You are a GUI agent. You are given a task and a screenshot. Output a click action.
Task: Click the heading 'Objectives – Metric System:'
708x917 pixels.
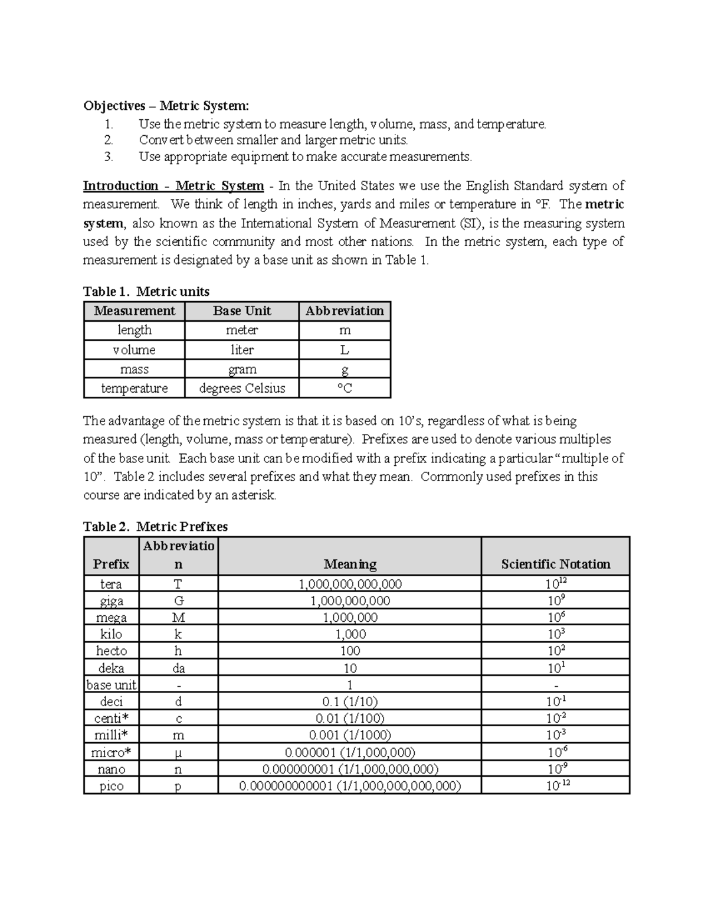click(x=166, y=106)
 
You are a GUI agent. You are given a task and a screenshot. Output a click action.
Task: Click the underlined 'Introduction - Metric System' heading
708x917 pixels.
click(x=173, y=186)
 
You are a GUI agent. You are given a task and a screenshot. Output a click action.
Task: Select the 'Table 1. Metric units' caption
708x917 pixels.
click(x=146, y=292)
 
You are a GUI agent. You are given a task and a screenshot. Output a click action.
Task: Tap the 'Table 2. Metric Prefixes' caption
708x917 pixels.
click(x=155, y=527)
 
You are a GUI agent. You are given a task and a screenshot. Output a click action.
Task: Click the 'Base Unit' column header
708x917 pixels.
click(x=242, y=311)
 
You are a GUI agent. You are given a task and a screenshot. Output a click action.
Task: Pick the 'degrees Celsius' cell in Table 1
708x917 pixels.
click(x=242, y=389)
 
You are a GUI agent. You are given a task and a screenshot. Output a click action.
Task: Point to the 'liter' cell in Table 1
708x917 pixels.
click(x=242, y=350)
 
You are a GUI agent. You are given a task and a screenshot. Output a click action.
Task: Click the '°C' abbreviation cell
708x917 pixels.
click(x=345, y=389)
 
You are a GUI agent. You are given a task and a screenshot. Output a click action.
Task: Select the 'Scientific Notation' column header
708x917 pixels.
click(x=555, y=564)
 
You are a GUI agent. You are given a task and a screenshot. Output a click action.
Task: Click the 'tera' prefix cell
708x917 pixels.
click(x=111, y=584)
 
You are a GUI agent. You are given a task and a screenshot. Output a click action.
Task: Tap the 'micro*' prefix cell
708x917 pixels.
click(x=111, y=752)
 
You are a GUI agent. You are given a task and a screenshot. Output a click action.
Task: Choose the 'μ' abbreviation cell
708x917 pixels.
click(x=178, y=752)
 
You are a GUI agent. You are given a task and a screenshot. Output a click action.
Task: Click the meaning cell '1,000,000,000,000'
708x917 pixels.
click(x=350, y=584)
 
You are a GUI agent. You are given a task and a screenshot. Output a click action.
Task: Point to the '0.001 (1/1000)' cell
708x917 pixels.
click(x=350, y=735)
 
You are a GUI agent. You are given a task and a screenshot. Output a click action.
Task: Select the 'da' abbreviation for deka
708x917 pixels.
click(x=178, y=668)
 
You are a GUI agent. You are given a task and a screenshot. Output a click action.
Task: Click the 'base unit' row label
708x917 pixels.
click(x=111, y=685)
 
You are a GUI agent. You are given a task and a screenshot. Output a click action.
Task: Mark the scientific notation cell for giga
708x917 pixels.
click(x=555, y=601)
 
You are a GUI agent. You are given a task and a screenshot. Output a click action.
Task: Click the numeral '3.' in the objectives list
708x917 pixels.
click(x=108, y=156)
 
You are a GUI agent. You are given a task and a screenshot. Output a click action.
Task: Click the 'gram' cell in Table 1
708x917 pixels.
click(x=242, y=370)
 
